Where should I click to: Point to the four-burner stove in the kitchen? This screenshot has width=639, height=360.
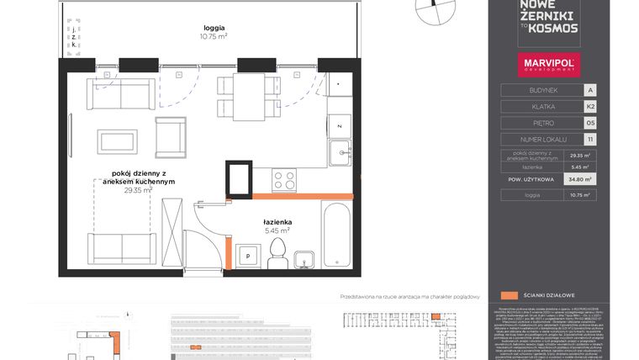click(x=284, y=180)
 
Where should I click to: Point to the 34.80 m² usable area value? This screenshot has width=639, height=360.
click(x=578, y=179)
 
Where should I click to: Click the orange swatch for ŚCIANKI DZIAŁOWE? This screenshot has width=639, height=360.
click(x=509, y=296)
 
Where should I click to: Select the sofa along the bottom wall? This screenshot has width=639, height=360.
click(x=122, y=247)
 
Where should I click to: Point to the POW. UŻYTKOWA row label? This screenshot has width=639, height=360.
click(x=531, y=179)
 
